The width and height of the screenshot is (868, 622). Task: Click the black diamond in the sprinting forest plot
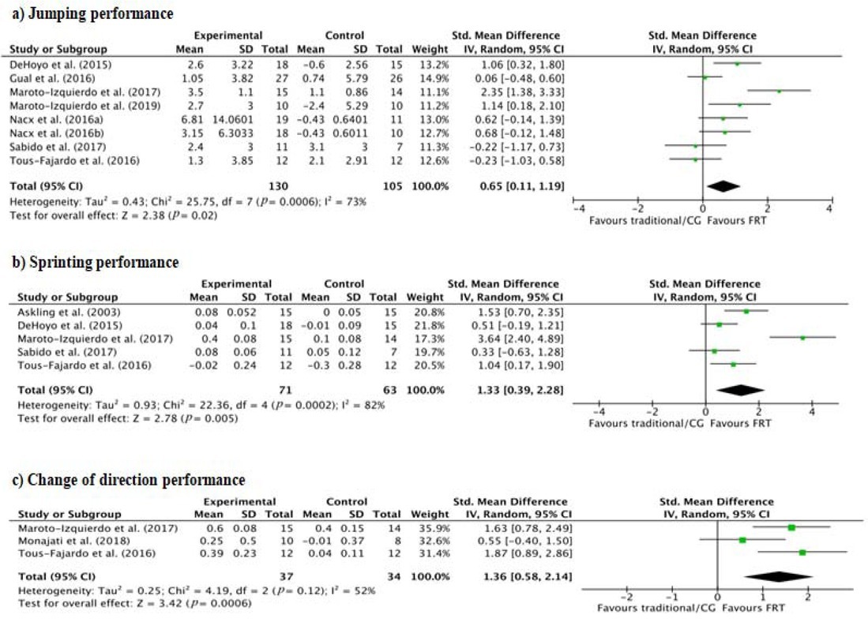pos(740,389)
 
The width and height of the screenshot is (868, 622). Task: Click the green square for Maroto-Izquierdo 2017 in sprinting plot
pos(802,337)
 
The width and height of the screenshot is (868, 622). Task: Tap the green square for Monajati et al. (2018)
pos(742,541)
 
